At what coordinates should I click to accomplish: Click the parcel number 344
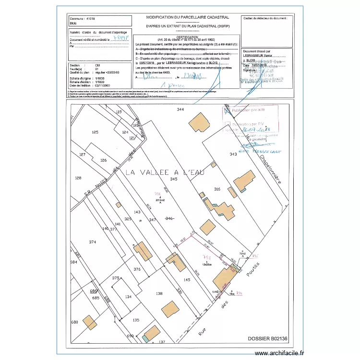[x=180, y=110]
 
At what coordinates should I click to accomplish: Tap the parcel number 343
[x=233, y=154]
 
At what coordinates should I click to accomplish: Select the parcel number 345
[x=174, y=179]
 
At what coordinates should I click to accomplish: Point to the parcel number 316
[x=217, y=189]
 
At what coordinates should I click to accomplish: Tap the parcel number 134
[x=128, y=297]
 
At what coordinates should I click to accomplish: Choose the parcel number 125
[x=95, y=132]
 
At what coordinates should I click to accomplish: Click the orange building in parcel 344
[x=197, y=122]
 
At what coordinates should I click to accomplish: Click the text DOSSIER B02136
[x=268, y=339]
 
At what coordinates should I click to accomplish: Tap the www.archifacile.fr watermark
[x=279, y=353]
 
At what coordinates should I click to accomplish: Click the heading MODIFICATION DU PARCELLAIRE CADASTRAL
[x=187, y=17]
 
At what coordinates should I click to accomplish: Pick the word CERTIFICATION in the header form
[x=186, y=37]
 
